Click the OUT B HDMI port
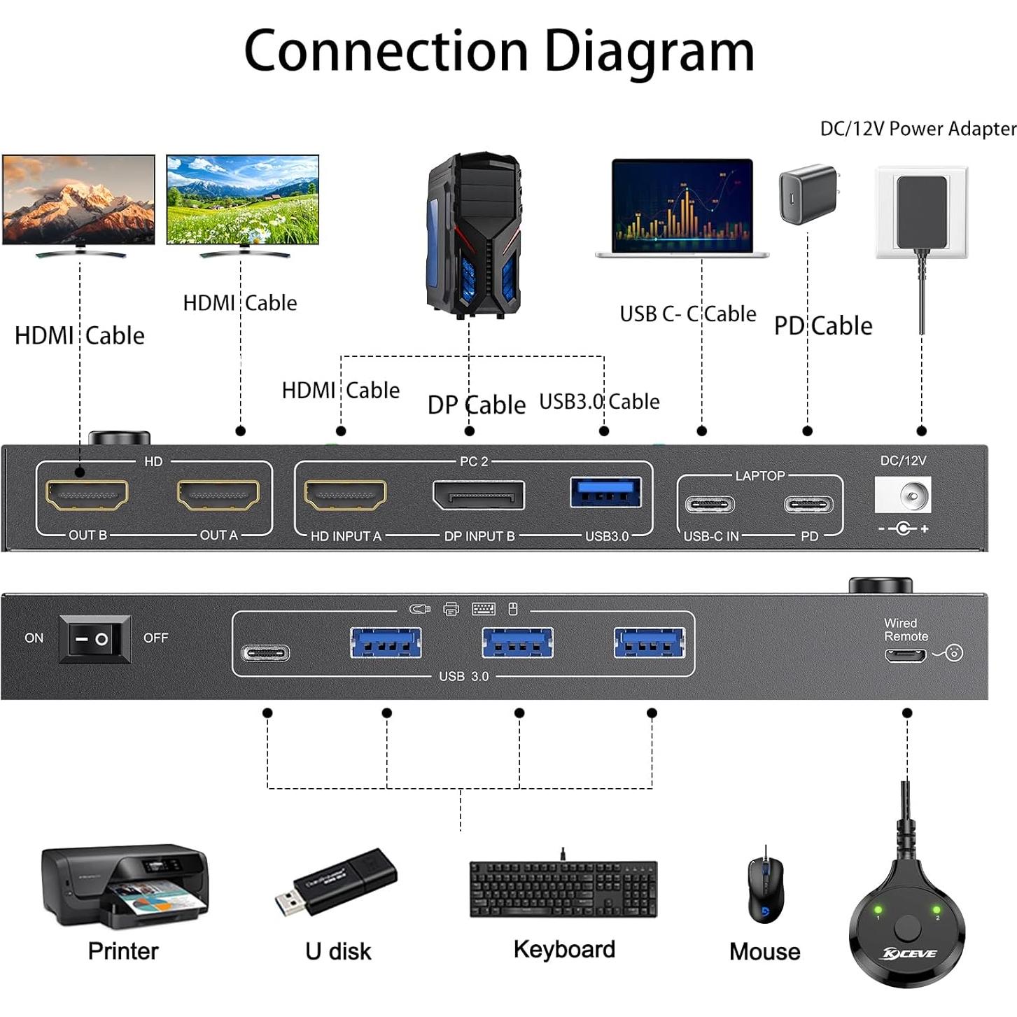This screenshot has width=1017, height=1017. coord(87,496)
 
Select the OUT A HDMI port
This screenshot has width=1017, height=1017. coord(218,496)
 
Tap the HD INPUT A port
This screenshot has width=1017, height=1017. coord(345,496)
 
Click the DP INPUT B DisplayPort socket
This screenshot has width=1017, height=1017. coord(479,496)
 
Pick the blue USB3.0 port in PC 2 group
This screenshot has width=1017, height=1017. coord(606,492)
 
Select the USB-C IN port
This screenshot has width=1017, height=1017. coord(710,505)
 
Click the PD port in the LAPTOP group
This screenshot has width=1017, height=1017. coord(808,505)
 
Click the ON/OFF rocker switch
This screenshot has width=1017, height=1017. coord(94,639)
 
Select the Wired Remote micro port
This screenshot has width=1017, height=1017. coord(905,655)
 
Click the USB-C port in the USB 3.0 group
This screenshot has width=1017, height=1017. coord(265,654)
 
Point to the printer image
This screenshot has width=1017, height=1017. coord(125,888)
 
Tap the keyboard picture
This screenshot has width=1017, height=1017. coord(563,889)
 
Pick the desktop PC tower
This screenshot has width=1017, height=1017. coord(473,237)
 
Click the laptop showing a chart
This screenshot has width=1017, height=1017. coord(682,208)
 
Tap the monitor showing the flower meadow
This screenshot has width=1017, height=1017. coord(243,201)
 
